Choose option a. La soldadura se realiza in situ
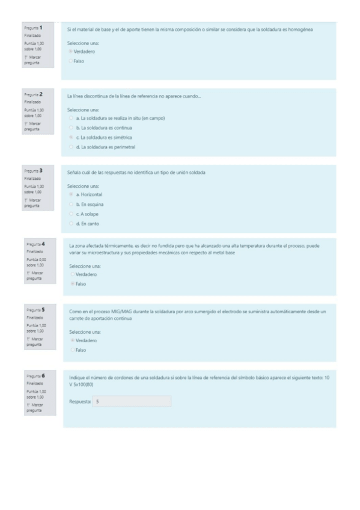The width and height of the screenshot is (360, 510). [72, 118]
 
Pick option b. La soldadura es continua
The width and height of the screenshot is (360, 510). [72, 128]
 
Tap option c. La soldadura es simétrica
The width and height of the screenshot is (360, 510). [72, 138]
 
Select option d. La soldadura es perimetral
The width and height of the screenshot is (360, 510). [72, 147]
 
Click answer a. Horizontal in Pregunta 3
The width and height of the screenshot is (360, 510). [72, 195]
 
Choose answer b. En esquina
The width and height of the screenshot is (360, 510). [72, 204]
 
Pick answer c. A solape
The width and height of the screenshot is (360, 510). [72, 214]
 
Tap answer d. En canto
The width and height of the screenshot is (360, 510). [72, 224]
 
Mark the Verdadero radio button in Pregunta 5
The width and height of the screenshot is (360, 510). [72, 340]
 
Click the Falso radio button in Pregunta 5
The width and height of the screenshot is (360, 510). [72, 349]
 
